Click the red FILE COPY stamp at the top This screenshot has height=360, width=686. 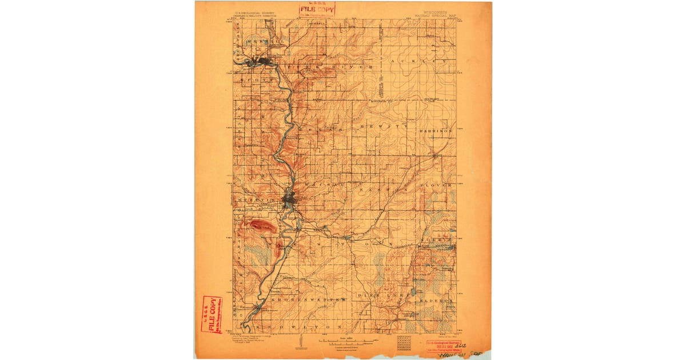pyautogui.click(x=317, y=9)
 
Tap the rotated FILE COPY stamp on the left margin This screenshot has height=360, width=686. pyautogui.click(x=211, y=314)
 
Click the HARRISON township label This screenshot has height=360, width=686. pyautogui.click(x=436, y=131)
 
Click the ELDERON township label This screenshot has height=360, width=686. pyautogui.click(x=437, y=299)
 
